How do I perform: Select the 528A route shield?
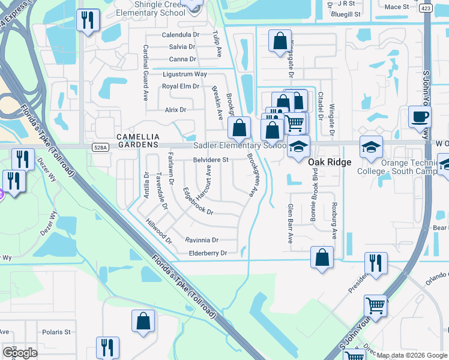[x=101, y=147]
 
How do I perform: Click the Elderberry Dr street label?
[x=208, y=253]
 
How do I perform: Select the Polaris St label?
[x=56, y=332]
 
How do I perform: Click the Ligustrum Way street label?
[x=185, y=74]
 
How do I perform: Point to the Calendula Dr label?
[x=180, y=35]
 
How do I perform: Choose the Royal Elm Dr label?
[x=181, y=86]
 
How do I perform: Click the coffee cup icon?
[x=419, y=116]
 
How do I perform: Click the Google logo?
[x=20, y=353]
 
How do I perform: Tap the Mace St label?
[x=396, y=7]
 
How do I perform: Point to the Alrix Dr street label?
[x=176, y=110]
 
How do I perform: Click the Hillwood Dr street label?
[x=159, y=230]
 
